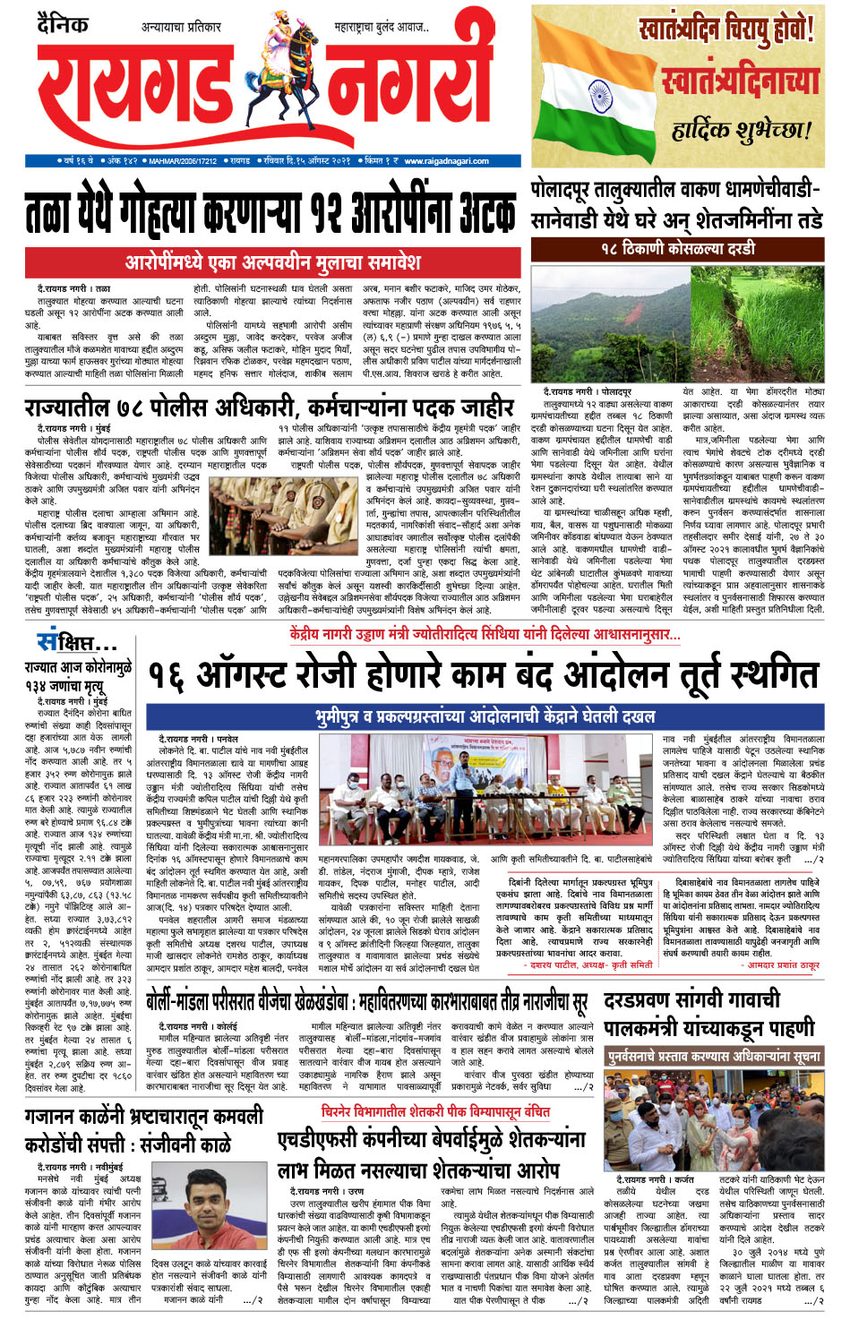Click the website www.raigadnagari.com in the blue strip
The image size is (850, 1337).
(445, 161)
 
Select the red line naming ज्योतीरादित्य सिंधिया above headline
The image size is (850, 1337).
(485, 634)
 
